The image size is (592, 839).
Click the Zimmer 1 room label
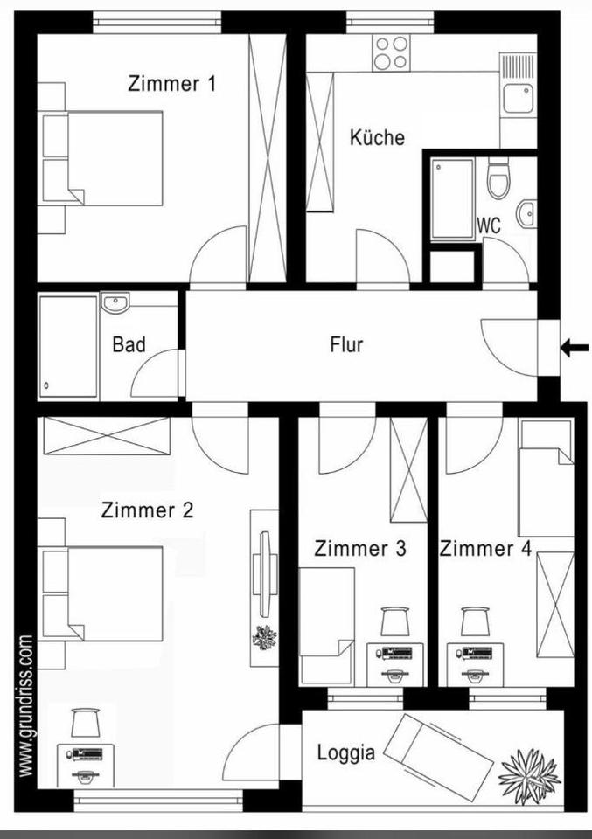click(171, 84)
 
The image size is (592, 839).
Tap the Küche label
click(377, 137)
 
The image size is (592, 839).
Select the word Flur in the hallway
click(346, 344)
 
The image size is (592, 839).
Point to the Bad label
click(129, 344)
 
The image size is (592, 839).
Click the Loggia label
click(346, 752)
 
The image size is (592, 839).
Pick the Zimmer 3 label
click(360, 549)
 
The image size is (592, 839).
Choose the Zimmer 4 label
click(485, 549)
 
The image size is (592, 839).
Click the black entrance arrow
click(574, 349)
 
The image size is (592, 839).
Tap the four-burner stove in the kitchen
click(391, 52)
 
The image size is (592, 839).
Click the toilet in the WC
click(498, 180)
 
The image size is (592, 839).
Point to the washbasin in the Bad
click(115, 302)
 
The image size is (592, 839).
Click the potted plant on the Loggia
click(528, 773)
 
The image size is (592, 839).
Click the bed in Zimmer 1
click(114, 158)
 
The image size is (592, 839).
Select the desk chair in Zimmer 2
click(85, 723)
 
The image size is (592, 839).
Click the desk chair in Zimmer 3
click(394, 621)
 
